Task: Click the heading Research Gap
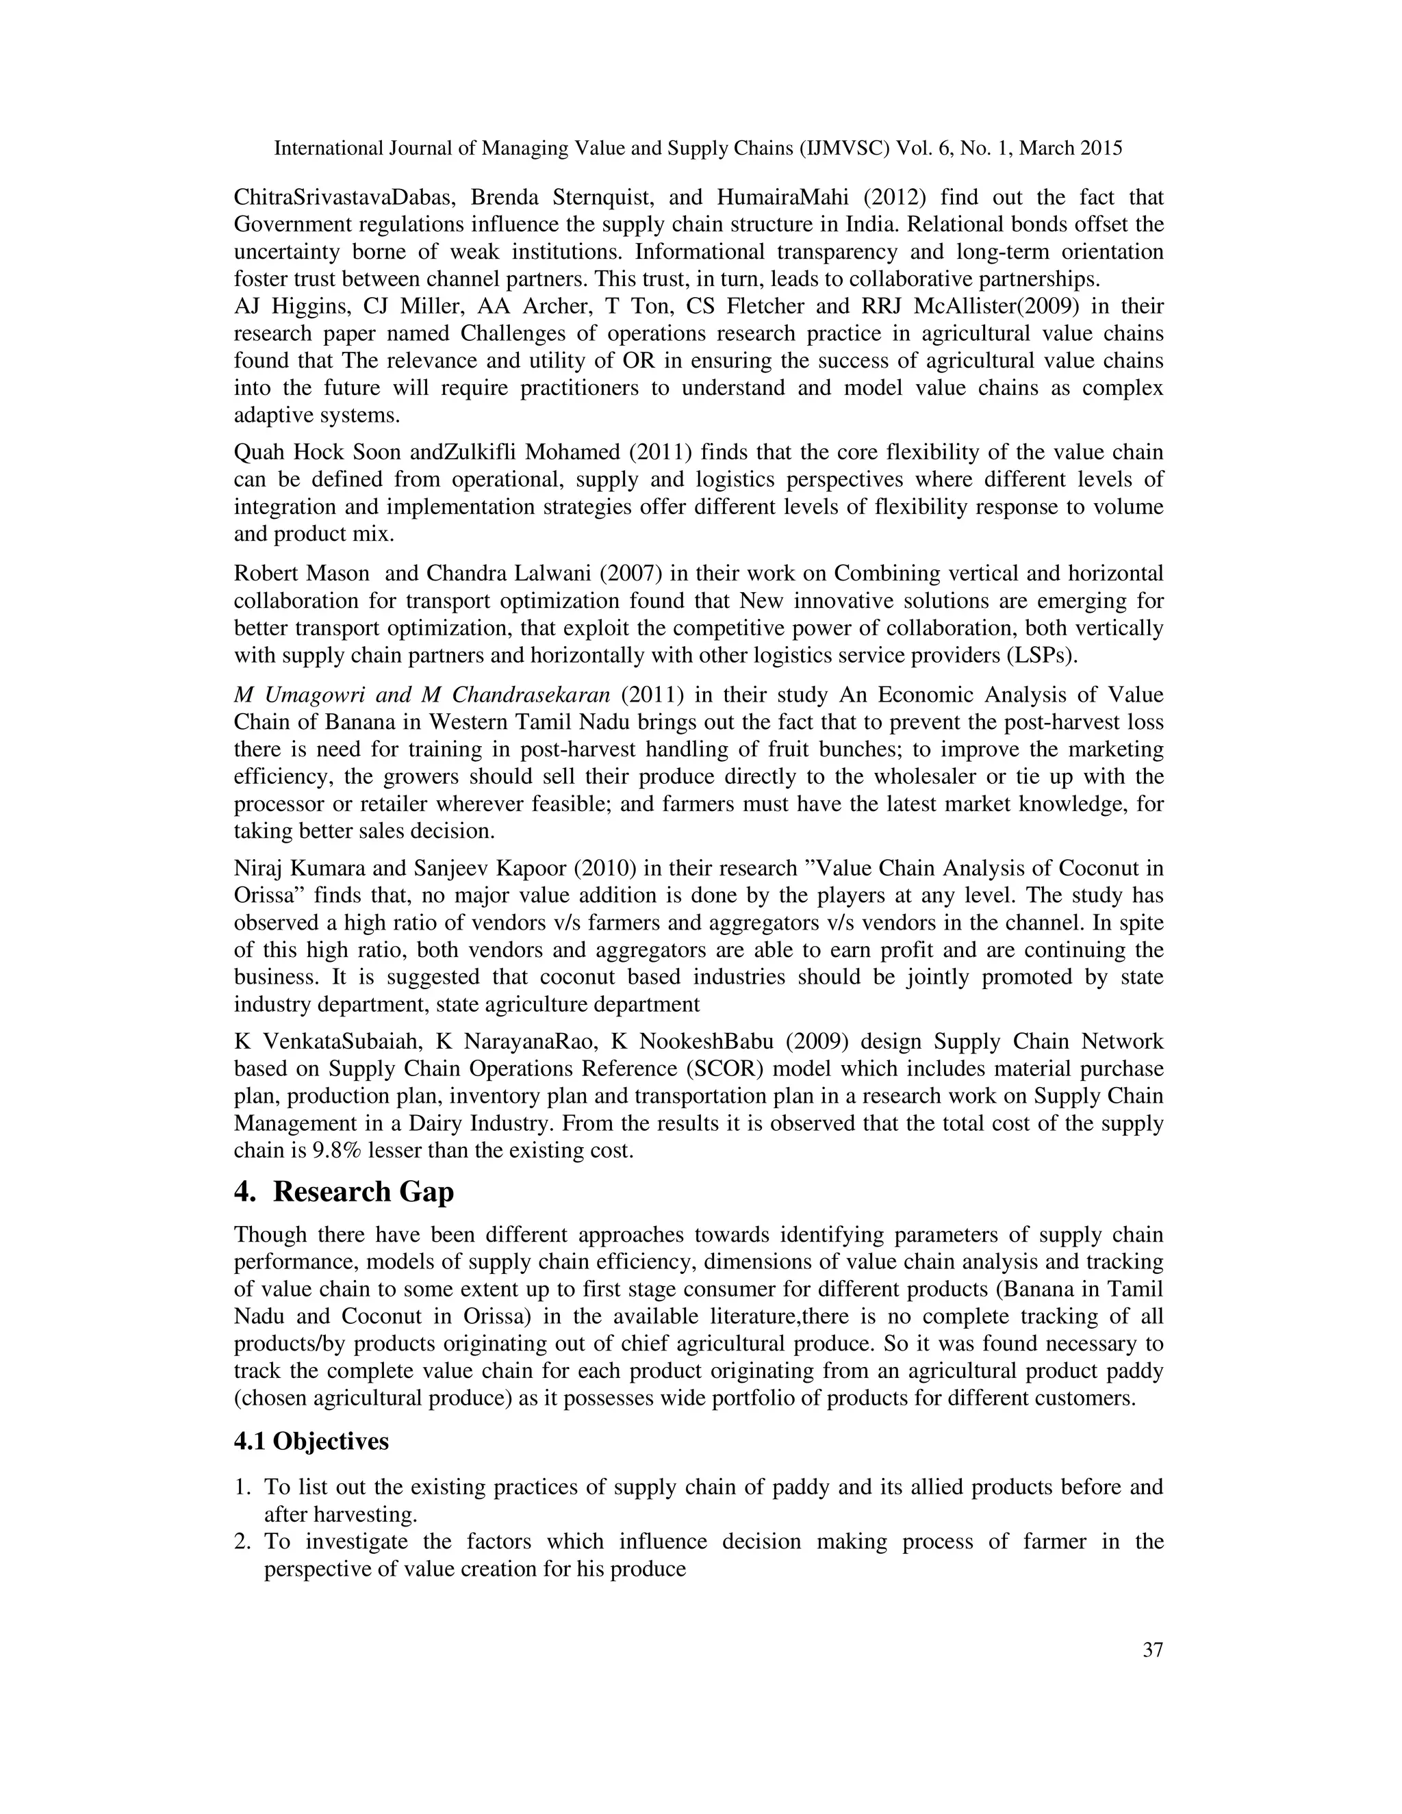coord(363,1192)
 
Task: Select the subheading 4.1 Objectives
coord(311,1441)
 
